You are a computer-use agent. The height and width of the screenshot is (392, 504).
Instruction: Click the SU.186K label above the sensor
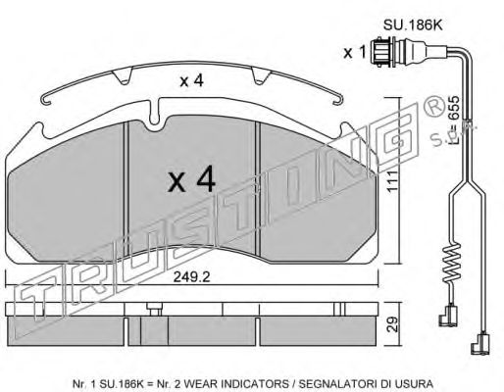coord(413,25)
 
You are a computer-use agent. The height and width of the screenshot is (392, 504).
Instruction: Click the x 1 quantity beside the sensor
coord(354,52)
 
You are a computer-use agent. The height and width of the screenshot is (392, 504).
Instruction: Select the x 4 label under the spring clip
coord(192,80)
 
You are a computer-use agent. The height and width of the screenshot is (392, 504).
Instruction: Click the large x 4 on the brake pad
coord(191,178)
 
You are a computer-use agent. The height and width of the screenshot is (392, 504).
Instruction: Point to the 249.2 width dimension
coord(191,277)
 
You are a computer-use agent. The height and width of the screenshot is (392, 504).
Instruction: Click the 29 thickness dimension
coord(392,324)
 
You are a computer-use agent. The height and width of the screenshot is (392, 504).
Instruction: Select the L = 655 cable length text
coord(454,120)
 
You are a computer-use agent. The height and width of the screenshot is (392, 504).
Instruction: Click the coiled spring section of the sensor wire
coord(449,264)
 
